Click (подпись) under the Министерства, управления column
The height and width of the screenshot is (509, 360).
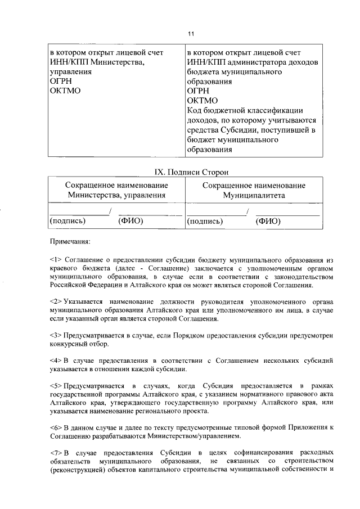click(x=68, y=222)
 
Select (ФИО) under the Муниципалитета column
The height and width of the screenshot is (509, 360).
click(x=268, y=222)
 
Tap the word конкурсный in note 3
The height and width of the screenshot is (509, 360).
click(x=70, y=344)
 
